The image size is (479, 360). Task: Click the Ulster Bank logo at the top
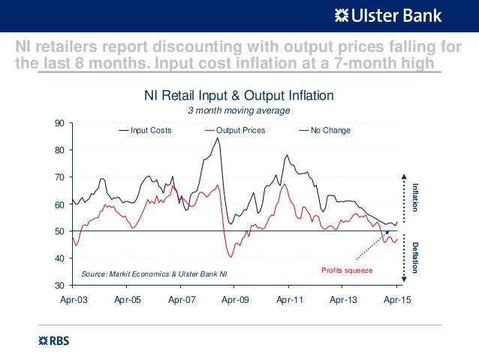point(387,15)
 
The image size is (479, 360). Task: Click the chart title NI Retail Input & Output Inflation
point(239,96)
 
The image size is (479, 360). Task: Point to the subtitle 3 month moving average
point(238,110)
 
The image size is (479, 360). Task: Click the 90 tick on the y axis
point(59,123)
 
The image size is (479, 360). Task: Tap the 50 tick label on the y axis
point(59,231)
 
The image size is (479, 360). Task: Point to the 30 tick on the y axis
point(59,286)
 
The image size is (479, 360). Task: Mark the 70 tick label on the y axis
point(59,177)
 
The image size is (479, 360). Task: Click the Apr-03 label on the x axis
point(73,299)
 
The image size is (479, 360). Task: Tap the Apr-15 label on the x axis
point(396,299)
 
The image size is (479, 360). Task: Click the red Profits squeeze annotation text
point(348,270)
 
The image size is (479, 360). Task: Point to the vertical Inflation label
point(414,196)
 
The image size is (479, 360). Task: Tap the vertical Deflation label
point(414,255)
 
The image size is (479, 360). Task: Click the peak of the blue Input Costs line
point(218,138)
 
